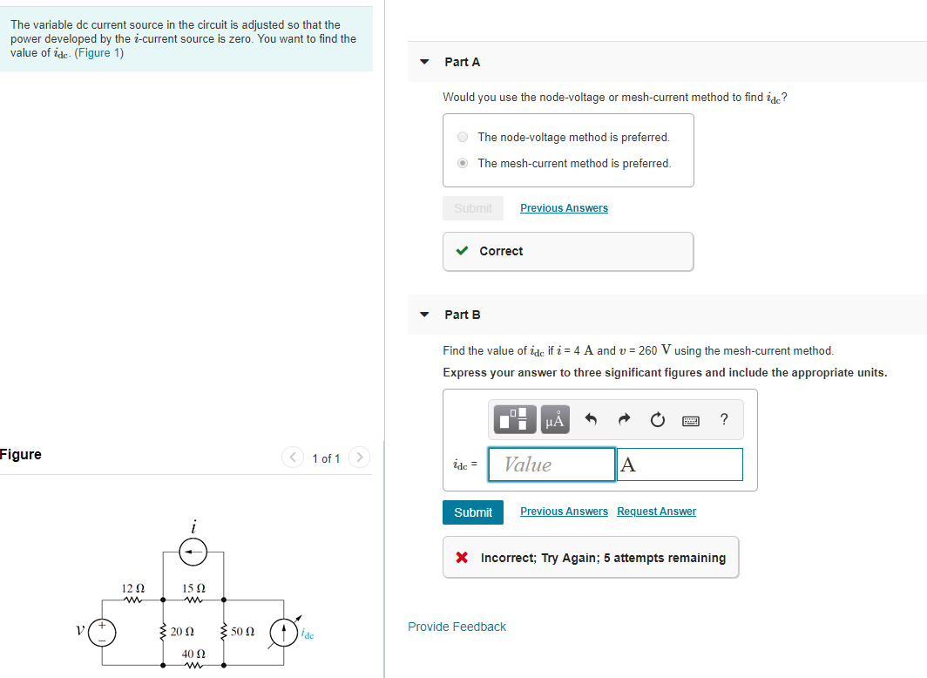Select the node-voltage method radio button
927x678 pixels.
[x=463, y=137]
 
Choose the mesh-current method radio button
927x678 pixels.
[x=463, y=163]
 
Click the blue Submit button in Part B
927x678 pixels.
[x=473, y=512]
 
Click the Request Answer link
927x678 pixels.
[x=656, y=512]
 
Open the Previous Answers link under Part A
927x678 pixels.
[x=564, y=208]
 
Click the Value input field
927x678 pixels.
[x=551, y=464]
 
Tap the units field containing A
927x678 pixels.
[x=680, y=464]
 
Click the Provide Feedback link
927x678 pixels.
[x=457, y=627]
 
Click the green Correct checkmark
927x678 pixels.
[x=463, y=251]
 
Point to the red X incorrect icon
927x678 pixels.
[x=462, y=558]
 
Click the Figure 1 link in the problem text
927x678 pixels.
[x=99, y=53]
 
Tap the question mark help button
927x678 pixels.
[x=724, y=420]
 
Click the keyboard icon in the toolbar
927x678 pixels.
[x=692, y=421]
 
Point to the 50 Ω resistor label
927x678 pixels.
[x=243, y=631]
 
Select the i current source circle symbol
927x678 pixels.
[x=193, y=551]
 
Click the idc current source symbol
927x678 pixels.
[x=284, y=632]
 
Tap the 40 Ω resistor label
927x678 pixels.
[x=193, y=654]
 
